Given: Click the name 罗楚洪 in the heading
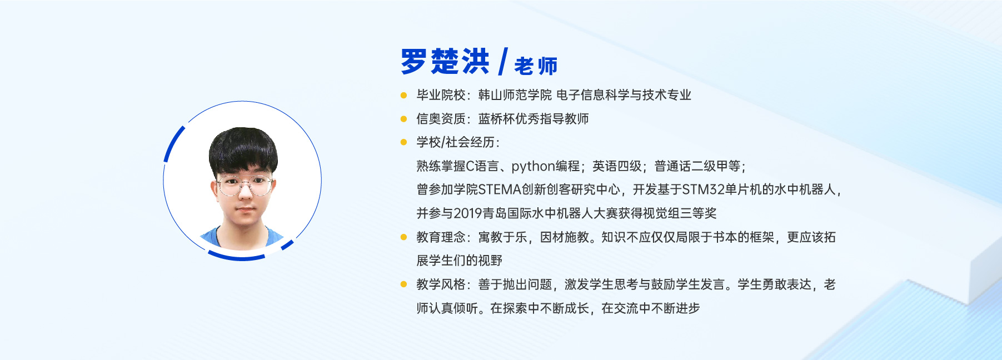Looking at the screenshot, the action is [x=445, y=61].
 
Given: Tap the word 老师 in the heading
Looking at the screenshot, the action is [x=536, y=66].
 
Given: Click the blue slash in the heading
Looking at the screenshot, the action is [x=503, y=61].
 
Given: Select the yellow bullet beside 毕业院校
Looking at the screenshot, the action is [x=404, y=95].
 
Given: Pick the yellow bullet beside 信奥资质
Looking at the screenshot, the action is [x=404, y=118].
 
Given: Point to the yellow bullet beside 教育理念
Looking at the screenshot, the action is [x=404, y=237].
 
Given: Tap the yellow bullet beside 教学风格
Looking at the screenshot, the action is [x=404, y=284].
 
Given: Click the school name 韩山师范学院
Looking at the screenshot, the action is [x=515, y=95].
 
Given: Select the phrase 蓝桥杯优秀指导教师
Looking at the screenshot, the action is [x=534, y=119].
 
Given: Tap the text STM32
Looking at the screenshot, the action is [x=703, y=190].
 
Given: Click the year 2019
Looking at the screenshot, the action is [x=468, y=213].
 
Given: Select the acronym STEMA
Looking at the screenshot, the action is [x=500, y=190].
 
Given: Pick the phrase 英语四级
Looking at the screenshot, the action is [x=617, y=166].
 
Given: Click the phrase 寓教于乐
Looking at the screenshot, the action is [x=502, y=237].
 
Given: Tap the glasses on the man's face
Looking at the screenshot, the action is [x=245, y=184].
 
